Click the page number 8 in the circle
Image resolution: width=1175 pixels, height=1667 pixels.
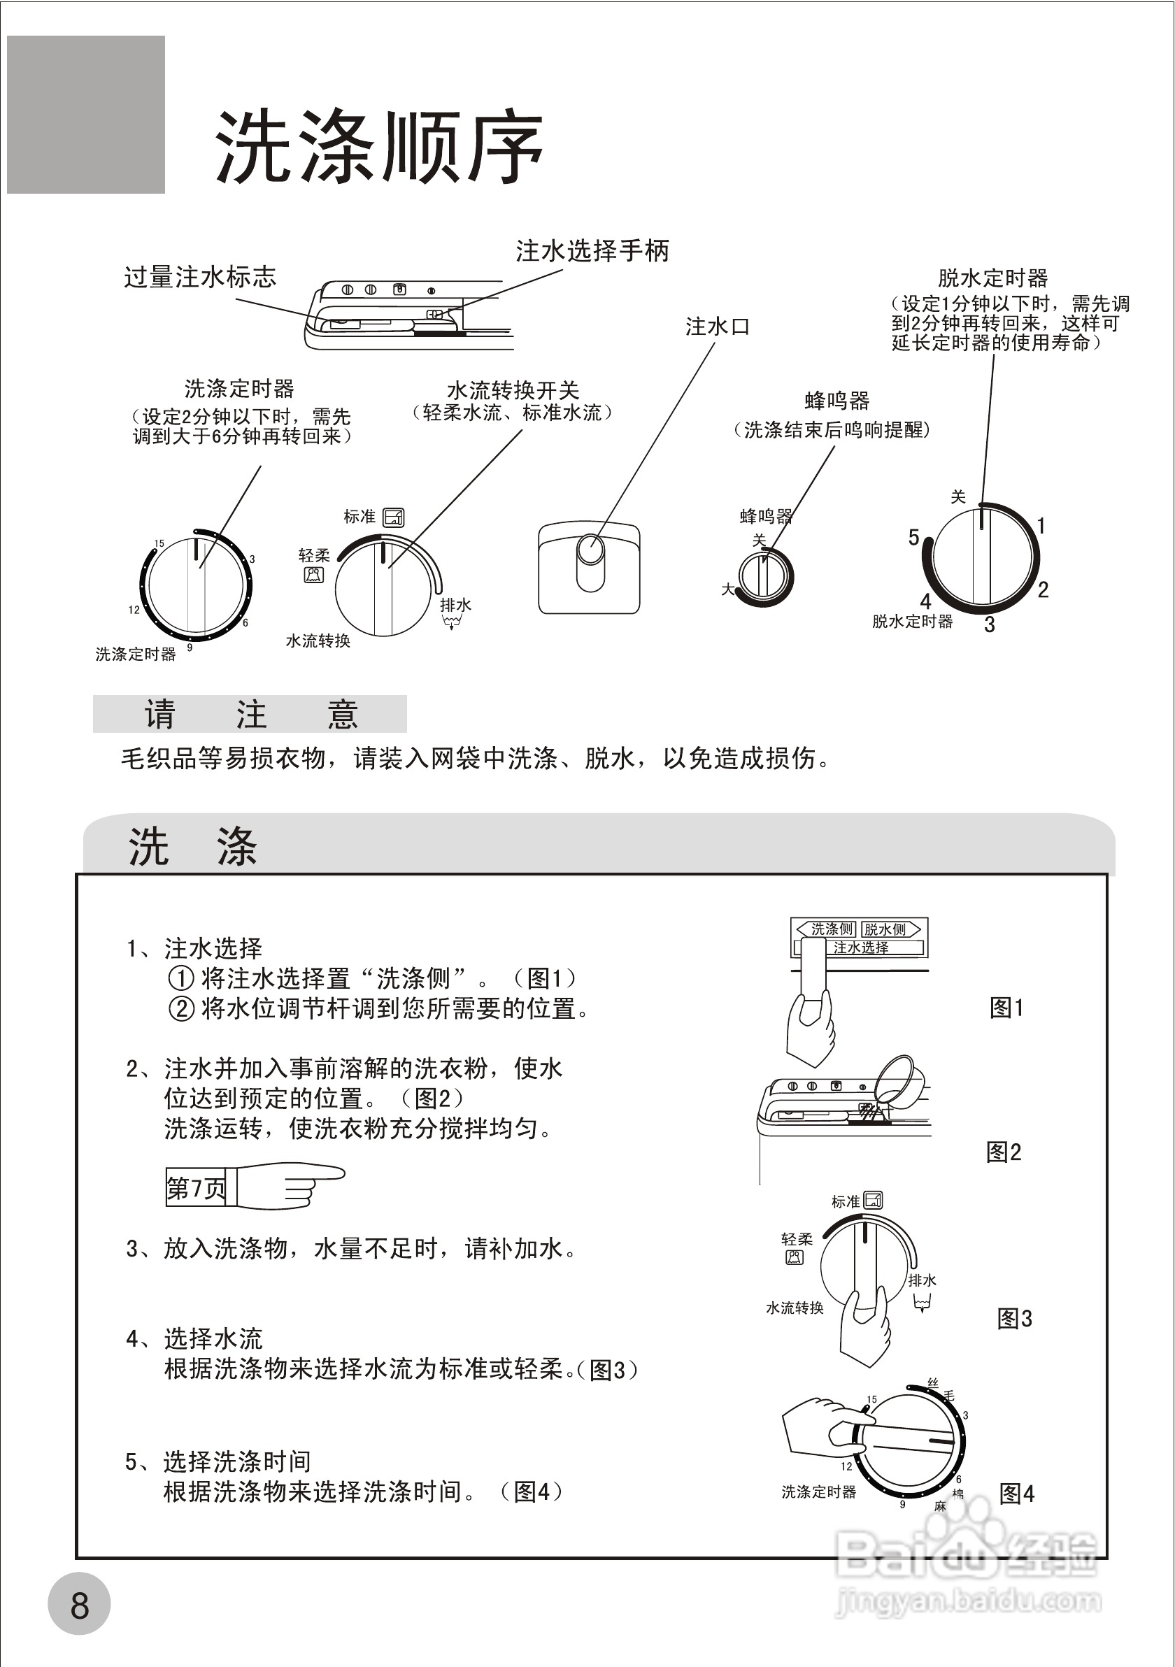79,1605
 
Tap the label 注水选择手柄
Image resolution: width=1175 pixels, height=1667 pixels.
592,251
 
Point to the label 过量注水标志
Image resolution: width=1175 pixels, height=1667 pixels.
200,277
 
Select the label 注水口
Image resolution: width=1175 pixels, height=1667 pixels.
717,327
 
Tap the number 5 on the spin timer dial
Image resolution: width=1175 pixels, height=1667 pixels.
913,537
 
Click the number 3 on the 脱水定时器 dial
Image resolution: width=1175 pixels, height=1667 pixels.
989,624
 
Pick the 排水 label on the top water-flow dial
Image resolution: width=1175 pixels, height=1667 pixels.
455,605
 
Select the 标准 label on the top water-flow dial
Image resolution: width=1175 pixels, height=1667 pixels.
359,516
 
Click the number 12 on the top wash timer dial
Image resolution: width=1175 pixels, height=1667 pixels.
134,610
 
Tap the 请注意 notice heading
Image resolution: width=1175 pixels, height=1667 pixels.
250,714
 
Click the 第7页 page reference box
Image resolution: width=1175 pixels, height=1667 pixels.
195,1188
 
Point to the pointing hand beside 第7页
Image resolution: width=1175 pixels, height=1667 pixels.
290,1187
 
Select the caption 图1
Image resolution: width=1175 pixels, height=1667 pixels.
1006,1007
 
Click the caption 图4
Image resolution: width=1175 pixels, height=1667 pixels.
1017,1494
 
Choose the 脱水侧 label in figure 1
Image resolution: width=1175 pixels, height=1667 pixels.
885,929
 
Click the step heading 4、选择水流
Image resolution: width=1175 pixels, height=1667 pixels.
194,1338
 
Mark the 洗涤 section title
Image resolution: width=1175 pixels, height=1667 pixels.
192,847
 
